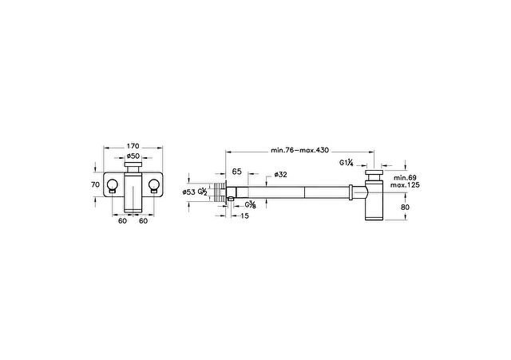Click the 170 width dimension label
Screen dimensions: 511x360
133,146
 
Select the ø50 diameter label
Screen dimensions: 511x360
133,156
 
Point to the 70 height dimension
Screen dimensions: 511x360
95,184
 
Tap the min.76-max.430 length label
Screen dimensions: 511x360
300,150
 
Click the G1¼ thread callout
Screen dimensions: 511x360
346,163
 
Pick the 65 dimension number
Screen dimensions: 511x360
236,172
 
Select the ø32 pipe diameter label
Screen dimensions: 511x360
280,175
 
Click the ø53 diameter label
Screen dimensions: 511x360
188,192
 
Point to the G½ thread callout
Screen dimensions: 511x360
202,192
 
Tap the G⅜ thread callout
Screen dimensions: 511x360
250,204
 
